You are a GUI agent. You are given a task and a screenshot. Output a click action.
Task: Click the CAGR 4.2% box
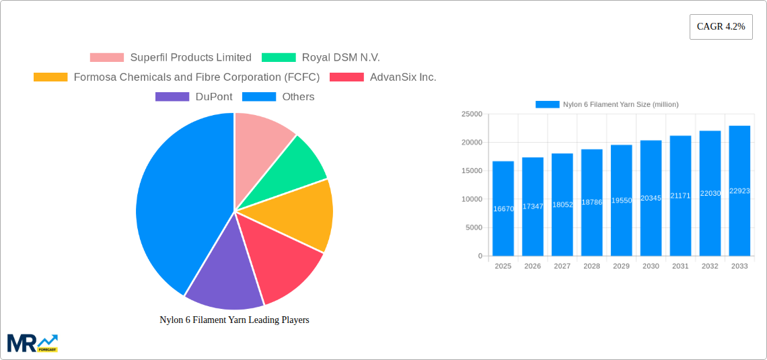point(721,27)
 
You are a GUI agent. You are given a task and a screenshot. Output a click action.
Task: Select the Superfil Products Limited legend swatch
point(106,58)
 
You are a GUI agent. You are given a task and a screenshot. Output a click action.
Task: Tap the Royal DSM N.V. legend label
point(340,58)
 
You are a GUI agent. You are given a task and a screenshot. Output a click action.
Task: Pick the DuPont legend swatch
point(172,97)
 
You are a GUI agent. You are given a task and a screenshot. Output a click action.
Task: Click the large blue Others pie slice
point(175,202)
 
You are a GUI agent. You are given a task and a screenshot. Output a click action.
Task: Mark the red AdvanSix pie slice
point(283,262)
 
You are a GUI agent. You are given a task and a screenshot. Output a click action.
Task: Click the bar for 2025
point(503,209)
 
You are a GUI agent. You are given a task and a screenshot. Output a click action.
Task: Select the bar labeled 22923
point(739,191)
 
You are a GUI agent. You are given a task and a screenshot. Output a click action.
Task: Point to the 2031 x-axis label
point(680,266)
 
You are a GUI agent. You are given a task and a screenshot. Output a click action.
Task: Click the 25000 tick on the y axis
point(471,114)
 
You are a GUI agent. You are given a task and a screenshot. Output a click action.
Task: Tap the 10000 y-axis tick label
point(471,199)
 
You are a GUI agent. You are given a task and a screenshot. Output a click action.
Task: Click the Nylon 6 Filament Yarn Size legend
point(607,104)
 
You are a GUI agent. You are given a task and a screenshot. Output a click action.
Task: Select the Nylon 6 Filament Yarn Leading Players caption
point(234,320)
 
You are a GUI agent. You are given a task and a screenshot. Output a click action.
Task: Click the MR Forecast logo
point(32,343)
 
